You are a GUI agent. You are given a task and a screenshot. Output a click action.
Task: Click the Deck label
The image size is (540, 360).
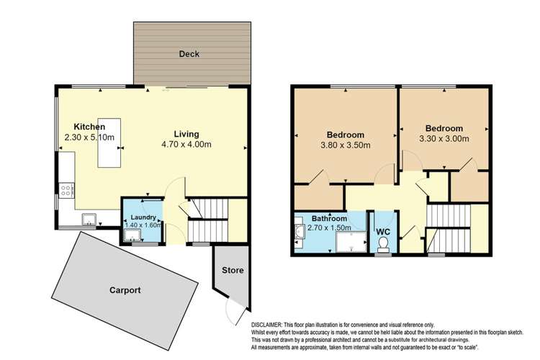(x=190, y=54)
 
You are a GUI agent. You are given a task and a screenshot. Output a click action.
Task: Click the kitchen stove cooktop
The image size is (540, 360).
(x=67, y=191)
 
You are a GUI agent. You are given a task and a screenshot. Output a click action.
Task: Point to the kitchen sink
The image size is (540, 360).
(x=91, y=218)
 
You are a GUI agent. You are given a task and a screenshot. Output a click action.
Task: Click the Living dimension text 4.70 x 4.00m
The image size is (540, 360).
(x=186, y=145)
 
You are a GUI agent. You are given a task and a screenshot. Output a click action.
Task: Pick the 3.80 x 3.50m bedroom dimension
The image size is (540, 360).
(x=345, y=145)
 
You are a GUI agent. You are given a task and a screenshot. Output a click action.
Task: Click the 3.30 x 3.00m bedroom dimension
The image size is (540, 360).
(x=444, y=138)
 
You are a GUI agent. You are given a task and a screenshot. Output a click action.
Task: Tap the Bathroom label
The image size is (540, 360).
(x=329, y=218)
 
